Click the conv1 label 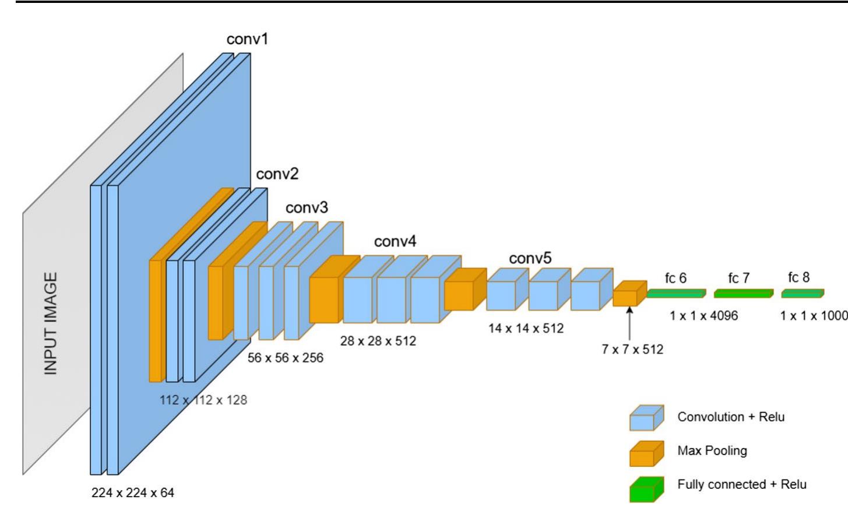[x=247, y=39]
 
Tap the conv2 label [x=277, y=174]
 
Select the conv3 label [x=307, y=207]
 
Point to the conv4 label [x=395, y=241]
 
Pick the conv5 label [x=530, y=258]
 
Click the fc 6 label [x=675, y=278]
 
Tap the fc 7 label [x=738, y=278]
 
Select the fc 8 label [x=799, y=277]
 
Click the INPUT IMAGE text [x=50, y=323]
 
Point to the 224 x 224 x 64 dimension [x=132, y=493]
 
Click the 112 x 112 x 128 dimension [x=203, y=400]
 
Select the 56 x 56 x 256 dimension [x=286, y=358]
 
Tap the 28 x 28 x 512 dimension [x=378, y=341]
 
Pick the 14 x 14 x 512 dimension [x=526, y=328]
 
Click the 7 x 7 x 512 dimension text [x=632, y=349]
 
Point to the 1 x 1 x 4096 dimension [x=704, y=316]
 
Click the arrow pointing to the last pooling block [x=629, y=323]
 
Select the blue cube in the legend [x=646, y=418]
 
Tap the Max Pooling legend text [x=712, y=451]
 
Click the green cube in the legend [x=646, y=490]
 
